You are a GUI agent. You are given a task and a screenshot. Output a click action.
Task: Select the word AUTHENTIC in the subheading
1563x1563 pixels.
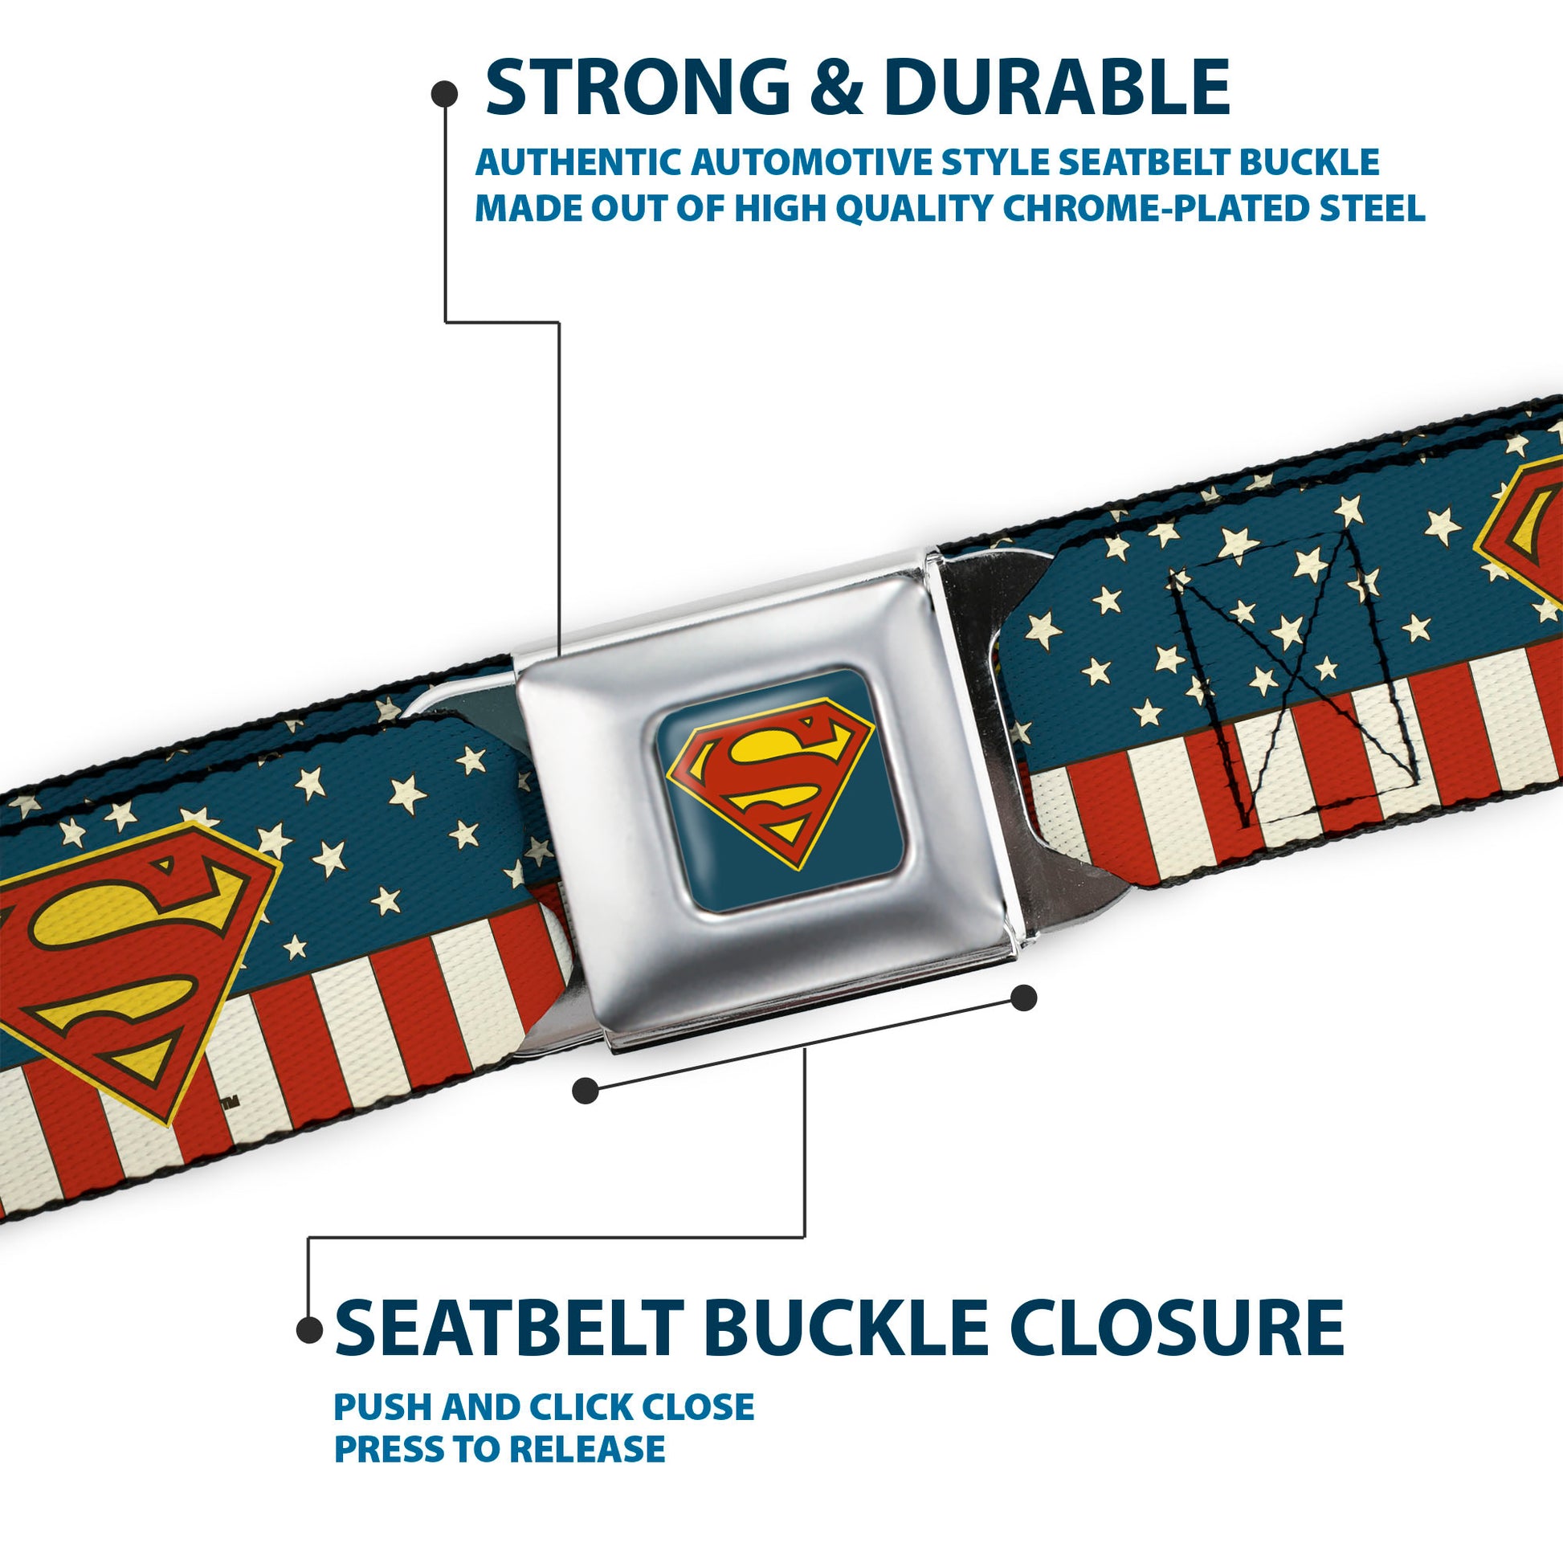click(x=577, y=162)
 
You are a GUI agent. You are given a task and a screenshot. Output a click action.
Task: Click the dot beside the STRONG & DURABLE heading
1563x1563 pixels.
click(x=444, y=95)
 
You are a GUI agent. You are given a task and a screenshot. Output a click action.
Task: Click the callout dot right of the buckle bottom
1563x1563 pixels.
click(x=1023, y=998)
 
